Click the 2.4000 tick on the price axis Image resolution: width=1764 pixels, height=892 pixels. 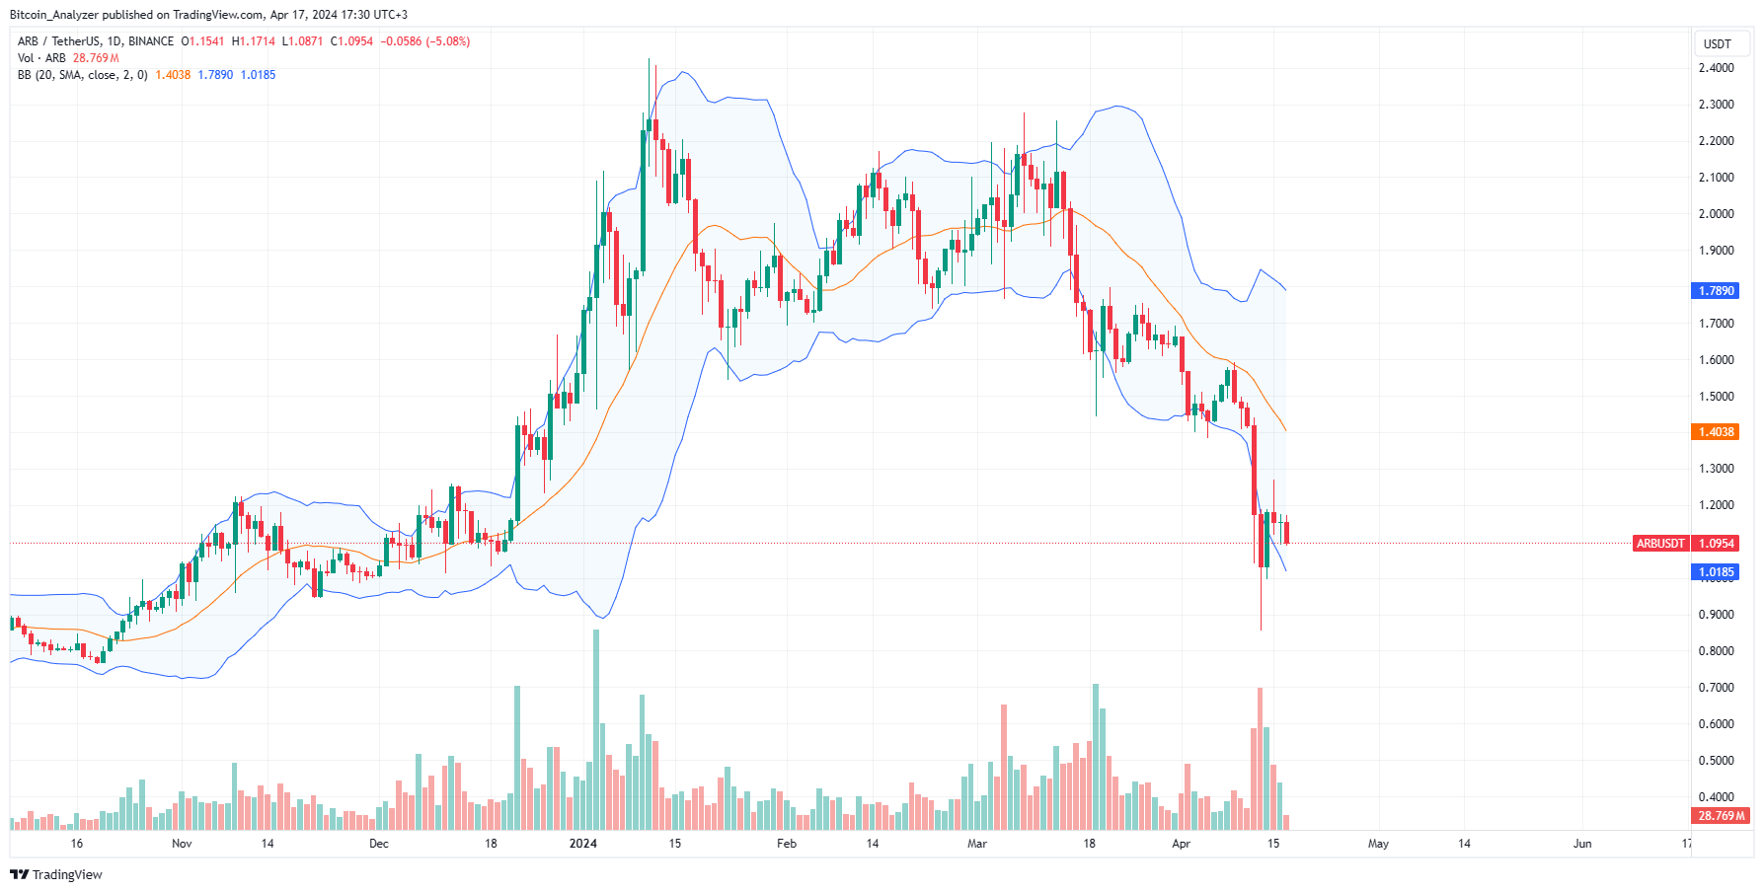(1716, 68)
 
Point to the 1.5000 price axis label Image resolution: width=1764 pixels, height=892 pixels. (1716, 397)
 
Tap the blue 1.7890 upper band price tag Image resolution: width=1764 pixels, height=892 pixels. (1716, 291)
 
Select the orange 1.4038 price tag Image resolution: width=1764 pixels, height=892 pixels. (1716, 432)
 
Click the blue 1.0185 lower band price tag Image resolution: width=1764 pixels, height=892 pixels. (1716, 572)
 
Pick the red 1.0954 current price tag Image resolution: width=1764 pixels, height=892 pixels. (1716, 544)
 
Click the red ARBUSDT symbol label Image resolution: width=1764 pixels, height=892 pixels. (1660, 544)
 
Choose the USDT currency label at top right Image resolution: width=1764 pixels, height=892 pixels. (1718, 44)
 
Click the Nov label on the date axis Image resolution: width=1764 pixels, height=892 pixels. (182, 844)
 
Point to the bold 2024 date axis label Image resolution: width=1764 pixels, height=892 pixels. (583, 844)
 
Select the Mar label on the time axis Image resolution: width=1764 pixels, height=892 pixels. (977, 844)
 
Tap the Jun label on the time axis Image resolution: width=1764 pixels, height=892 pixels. (1582, 844)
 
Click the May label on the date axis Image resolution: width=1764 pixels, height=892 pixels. (1378, 844)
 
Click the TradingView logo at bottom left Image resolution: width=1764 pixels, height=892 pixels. (56, 875)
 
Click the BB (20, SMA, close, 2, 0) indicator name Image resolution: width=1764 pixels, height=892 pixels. (83, 75)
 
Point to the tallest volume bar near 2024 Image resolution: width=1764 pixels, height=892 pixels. (596, 730)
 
